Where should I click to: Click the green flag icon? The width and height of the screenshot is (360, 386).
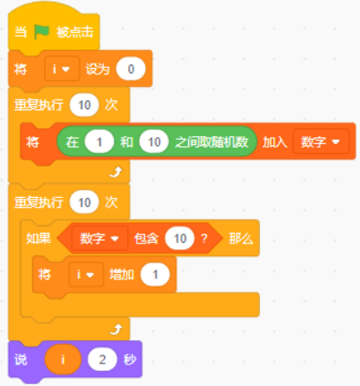pyautogui.click(x=41, y=31)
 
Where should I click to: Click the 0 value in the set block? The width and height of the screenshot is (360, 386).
pyautogui.click(x=131, y=69)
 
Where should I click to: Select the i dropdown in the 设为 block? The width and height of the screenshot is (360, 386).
pyautogui.click(x=62, y=69)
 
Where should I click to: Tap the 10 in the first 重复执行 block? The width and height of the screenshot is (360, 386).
pyautogui.click(x=84, y=105)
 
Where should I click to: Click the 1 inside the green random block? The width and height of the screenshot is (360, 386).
pyautogui.click(x=99, y=142)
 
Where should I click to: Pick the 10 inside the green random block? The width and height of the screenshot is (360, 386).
pyautogui.click(x=154, y=142)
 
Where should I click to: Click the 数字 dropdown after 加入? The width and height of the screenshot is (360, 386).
pyautogui.click(x=321, y=142)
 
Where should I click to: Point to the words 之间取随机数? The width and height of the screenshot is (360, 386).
pyautogui.click(x=211, y=142)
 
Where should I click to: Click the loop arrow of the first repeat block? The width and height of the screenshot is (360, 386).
pyautogui.click(x=116, y=172)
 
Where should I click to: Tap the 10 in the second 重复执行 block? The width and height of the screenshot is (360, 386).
pyautogui.click(x=84, y=202)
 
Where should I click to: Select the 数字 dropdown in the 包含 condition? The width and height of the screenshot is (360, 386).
pyautogui.click(x=99, y=238)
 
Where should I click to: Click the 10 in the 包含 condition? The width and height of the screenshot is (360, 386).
pyautogui.click(x=180, y=238)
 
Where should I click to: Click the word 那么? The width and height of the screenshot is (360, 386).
pyautogui.click(x=241, y=238)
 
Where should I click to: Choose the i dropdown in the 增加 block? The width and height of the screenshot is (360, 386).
pyautogui.click(x=86, y=274)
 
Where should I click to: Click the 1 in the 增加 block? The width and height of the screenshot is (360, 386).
pyautogui.click(x=155, y=274)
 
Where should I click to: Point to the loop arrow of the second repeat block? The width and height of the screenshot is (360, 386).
pyautogui.click(x=116, y=330)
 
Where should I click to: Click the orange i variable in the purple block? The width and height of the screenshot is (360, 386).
pyautogui.click(x=63, y=359)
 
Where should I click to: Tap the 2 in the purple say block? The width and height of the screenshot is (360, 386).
pyautogui.click(x=102, y=359)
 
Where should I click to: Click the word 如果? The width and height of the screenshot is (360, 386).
pyautogui.click(x=39, y=238)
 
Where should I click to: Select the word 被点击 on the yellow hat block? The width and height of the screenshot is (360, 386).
pyautogui.click(x=75, y=32)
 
